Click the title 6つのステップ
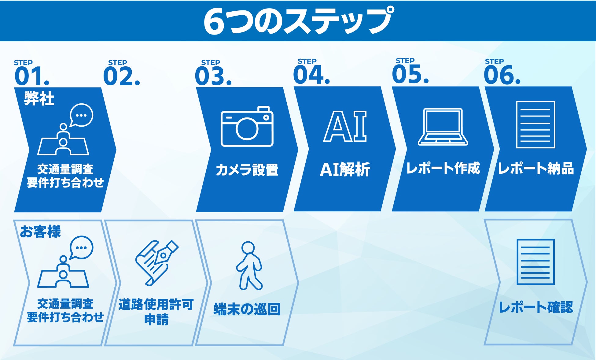coord(298,21)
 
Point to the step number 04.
coord(311,75)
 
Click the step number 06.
coord(502,75)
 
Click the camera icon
coord(247,126)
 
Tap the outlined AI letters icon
coord(345,126)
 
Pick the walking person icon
coord(249,266)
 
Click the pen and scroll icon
coord(156,263)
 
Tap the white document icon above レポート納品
coord(535,125)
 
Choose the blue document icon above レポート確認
coord(535,262)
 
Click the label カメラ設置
coord(247,170)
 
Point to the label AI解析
coord(345,169)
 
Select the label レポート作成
coord(443,168)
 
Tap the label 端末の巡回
coord(247,309)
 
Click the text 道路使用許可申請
coord(156,312)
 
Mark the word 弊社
coord(39,98)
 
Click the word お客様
coord(40,232)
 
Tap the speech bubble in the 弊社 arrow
coord(81,115)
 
